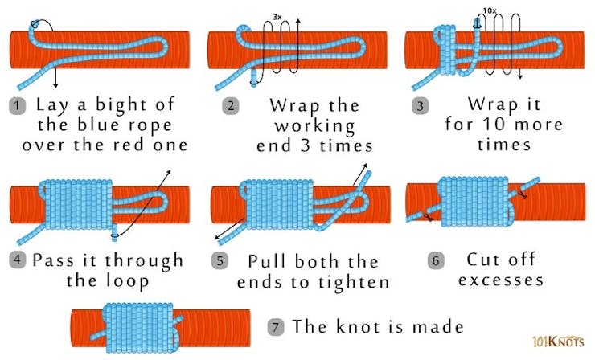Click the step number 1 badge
(x=17, y=106)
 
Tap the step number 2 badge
(x=231, y=106)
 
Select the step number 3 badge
(x=421, y=106)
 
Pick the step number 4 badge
(x=17, y=260)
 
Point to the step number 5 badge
(x=220, y=261)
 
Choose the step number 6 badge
(x=436, y=260)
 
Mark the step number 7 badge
(x=276, y=327)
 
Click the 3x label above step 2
(x=277, y=17)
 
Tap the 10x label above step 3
(x=490, y=10)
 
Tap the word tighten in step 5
(x=354, y=283)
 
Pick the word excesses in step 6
(x=501, y=280)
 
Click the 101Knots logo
(x=558, y=341)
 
